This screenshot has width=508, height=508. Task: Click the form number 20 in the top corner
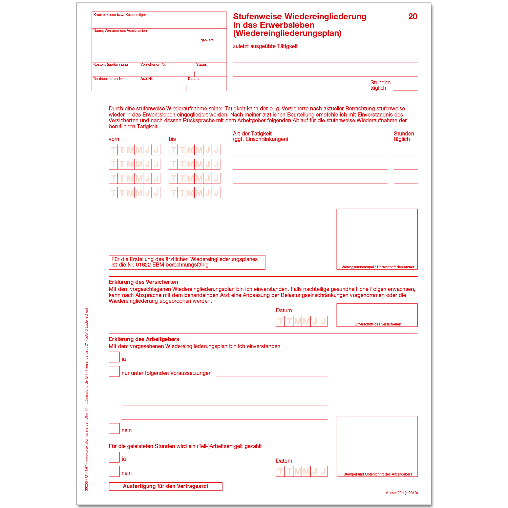[412, 17]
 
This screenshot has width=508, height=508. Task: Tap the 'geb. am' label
[207, 40]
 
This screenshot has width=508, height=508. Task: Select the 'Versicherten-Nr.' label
[153, 65]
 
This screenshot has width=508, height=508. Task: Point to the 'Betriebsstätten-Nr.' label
[108, 79]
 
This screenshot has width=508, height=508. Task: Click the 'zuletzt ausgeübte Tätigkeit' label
[265, 46]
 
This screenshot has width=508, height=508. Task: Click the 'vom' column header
[114, 139]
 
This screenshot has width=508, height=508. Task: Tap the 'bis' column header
[172, 139]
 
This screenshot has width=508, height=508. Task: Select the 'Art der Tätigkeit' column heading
[252, 134]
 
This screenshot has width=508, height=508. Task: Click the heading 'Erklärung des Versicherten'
[143, 282]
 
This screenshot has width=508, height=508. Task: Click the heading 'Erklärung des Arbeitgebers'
[144, 339]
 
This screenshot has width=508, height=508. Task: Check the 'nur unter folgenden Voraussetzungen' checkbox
[114, 372]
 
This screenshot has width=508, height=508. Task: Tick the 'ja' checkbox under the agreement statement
[114, 357]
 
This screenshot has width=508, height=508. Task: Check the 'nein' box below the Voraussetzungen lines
[114, 429]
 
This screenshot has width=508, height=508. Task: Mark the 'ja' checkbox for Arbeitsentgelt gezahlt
[114, 457]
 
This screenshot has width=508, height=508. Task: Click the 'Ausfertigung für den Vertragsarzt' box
[165, 486]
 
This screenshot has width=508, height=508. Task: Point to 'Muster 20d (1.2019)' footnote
[401, 493]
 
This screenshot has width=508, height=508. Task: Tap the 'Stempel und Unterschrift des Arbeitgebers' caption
[378, 474]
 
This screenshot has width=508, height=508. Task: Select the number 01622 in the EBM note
[144, 265]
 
